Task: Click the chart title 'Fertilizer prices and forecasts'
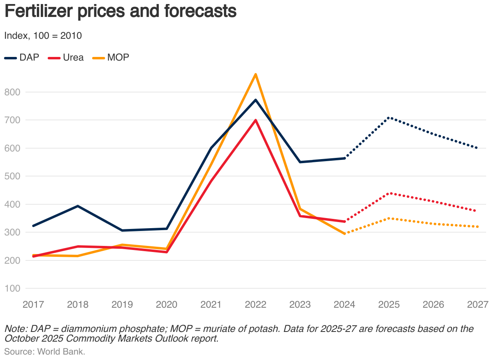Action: tap(120, 12)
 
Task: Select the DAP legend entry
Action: tap(22, 57)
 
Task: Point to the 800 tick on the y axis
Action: tap(12, 92)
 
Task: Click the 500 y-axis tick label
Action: tap(12, 176)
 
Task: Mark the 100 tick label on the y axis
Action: tap(12, 288)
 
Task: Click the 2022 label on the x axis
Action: tap(255, 304)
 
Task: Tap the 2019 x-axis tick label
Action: tap(122, 304)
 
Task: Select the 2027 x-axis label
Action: tap(478, 304)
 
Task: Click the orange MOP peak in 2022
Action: tap(255, 74)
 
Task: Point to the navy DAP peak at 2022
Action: tap(255, 100)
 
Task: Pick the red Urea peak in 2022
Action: tap(255, 120)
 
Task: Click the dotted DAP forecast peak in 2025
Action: tap(389, 118)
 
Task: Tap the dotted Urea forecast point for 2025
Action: tap(389, 193)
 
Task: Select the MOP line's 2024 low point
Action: tap(344, 234)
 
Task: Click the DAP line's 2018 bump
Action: tap(78, 206)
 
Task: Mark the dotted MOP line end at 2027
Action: tap(477, 227)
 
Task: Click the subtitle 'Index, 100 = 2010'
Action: tap(43, 36)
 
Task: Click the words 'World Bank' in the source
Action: tap(61, 351)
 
